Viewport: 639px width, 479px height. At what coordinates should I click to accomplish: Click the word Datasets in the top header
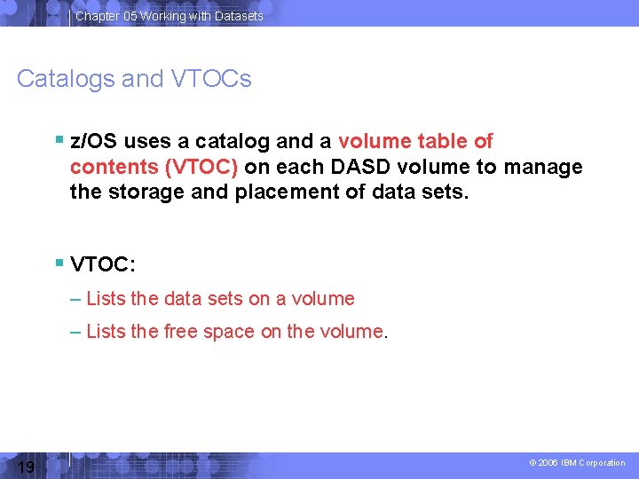(239, 16)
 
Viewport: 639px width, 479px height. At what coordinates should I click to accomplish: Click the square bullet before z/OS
(59, 140)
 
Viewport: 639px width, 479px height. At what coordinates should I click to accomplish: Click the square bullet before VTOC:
(59, 263)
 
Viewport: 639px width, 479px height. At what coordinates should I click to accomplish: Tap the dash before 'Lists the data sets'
(75, 299)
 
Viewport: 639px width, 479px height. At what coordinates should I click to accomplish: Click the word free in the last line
(182, 332)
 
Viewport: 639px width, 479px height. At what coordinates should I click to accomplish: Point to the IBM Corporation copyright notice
(578, 463)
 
